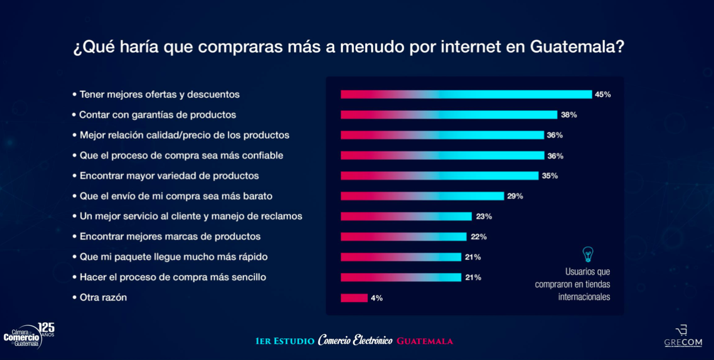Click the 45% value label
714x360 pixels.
[x=602, y=94]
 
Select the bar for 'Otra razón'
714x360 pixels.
[x=354, y=298]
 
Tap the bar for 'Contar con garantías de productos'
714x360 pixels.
[x=448, y=115]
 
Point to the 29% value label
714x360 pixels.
[x=515, y=196]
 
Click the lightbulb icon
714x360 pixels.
[x=588, y=254]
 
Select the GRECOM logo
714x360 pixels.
[x=683, y=336]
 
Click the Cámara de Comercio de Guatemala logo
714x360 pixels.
[x=28, y=336]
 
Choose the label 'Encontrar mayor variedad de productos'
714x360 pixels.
[x=169, y=176]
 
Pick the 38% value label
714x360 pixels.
[x=569, y=115]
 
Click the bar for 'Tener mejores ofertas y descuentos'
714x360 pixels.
[x=466, y=94]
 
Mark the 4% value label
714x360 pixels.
[x=376, y=298]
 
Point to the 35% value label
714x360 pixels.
[x=549, y=176]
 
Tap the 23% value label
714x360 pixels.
[x=484, y=217]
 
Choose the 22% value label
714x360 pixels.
[x=479, y=237]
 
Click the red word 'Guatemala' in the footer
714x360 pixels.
[x=424, y=341]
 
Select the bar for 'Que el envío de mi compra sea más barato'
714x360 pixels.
[x=422, y=196]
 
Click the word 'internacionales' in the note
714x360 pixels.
[x=584, y=297]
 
